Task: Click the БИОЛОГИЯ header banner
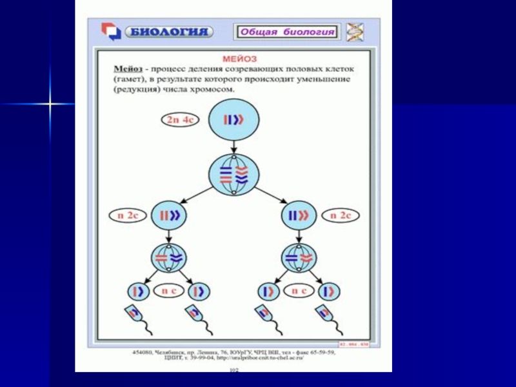coord(168,32)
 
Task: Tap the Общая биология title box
coord(287,32)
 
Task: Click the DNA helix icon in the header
coord(355,32)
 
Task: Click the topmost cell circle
coord(233,120)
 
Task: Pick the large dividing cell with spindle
coord(233,175)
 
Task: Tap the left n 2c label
coord(128,216)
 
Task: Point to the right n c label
coord(299,291)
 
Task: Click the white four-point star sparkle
coord(48,103)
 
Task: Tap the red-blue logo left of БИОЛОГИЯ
coord(111,32)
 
